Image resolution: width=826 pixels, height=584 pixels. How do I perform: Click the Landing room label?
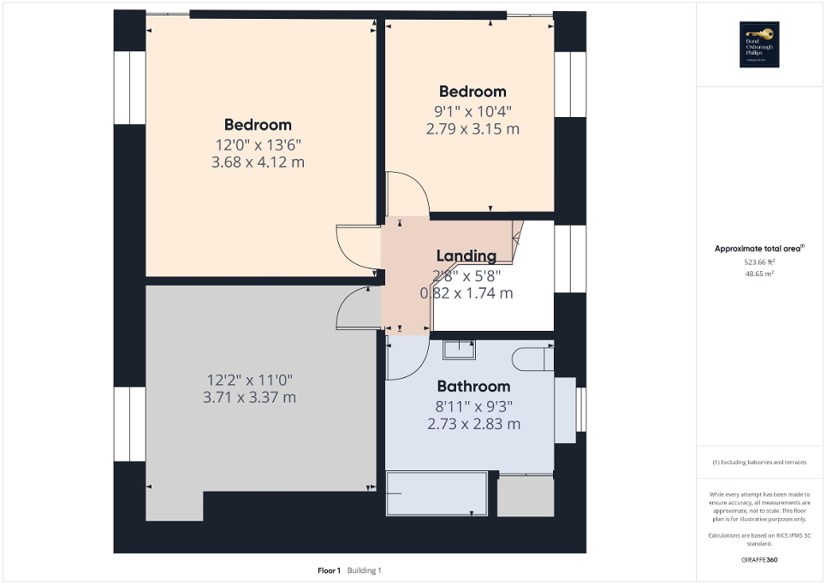pyautogui.click(x=466, y=256)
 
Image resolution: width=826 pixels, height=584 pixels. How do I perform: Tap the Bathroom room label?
pyautogui.click(x=473, y=386)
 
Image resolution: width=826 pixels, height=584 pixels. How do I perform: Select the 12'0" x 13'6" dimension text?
pyautogui.click(x=258, y=145)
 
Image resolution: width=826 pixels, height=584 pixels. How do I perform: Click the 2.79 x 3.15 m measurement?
pyautogui.click(x=472, y=129)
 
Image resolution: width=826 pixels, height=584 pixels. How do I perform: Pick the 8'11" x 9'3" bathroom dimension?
pyautogui.click(x=473, y=405)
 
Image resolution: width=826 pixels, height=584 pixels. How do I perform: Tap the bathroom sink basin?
pyautogui.click(x=460, y=349)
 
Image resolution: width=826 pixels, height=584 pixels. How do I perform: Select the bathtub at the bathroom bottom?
pyautogui.click(x=437, y=493)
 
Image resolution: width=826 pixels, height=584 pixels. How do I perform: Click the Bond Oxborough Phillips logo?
pyautogui.click(x=757, y=44)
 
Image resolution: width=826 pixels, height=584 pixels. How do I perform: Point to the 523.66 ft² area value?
pyautogui.click(x=758, y=263)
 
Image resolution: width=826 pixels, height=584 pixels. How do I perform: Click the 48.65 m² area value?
pyautogui.click(x=758, y=274)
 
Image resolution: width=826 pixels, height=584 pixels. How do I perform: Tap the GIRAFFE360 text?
pyautogui.click(x=759, y=560)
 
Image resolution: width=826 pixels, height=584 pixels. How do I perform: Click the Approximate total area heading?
pyautogui.click(x=758, y=249)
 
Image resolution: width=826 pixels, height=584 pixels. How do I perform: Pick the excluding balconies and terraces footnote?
pyautogui.click(x=759, y=463)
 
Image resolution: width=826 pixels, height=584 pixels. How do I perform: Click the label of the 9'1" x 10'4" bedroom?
pyautogui.click(x=472, y=91)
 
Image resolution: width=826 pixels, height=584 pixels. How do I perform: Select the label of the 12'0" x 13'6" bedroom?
pyautogui.click(x=258, y=125)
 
